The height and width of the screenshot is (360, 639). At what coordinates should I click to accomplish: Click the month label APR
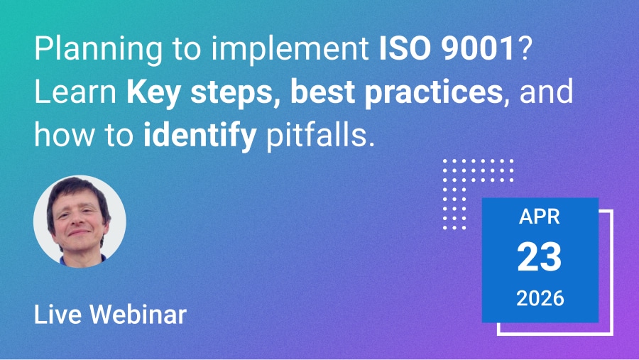point(540,217)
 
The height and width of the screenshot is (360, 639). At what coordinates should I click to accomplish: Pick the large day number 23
point(540,257)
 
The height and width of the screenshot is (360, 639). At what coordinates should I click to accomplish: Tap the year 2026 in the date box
point(540,298)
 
